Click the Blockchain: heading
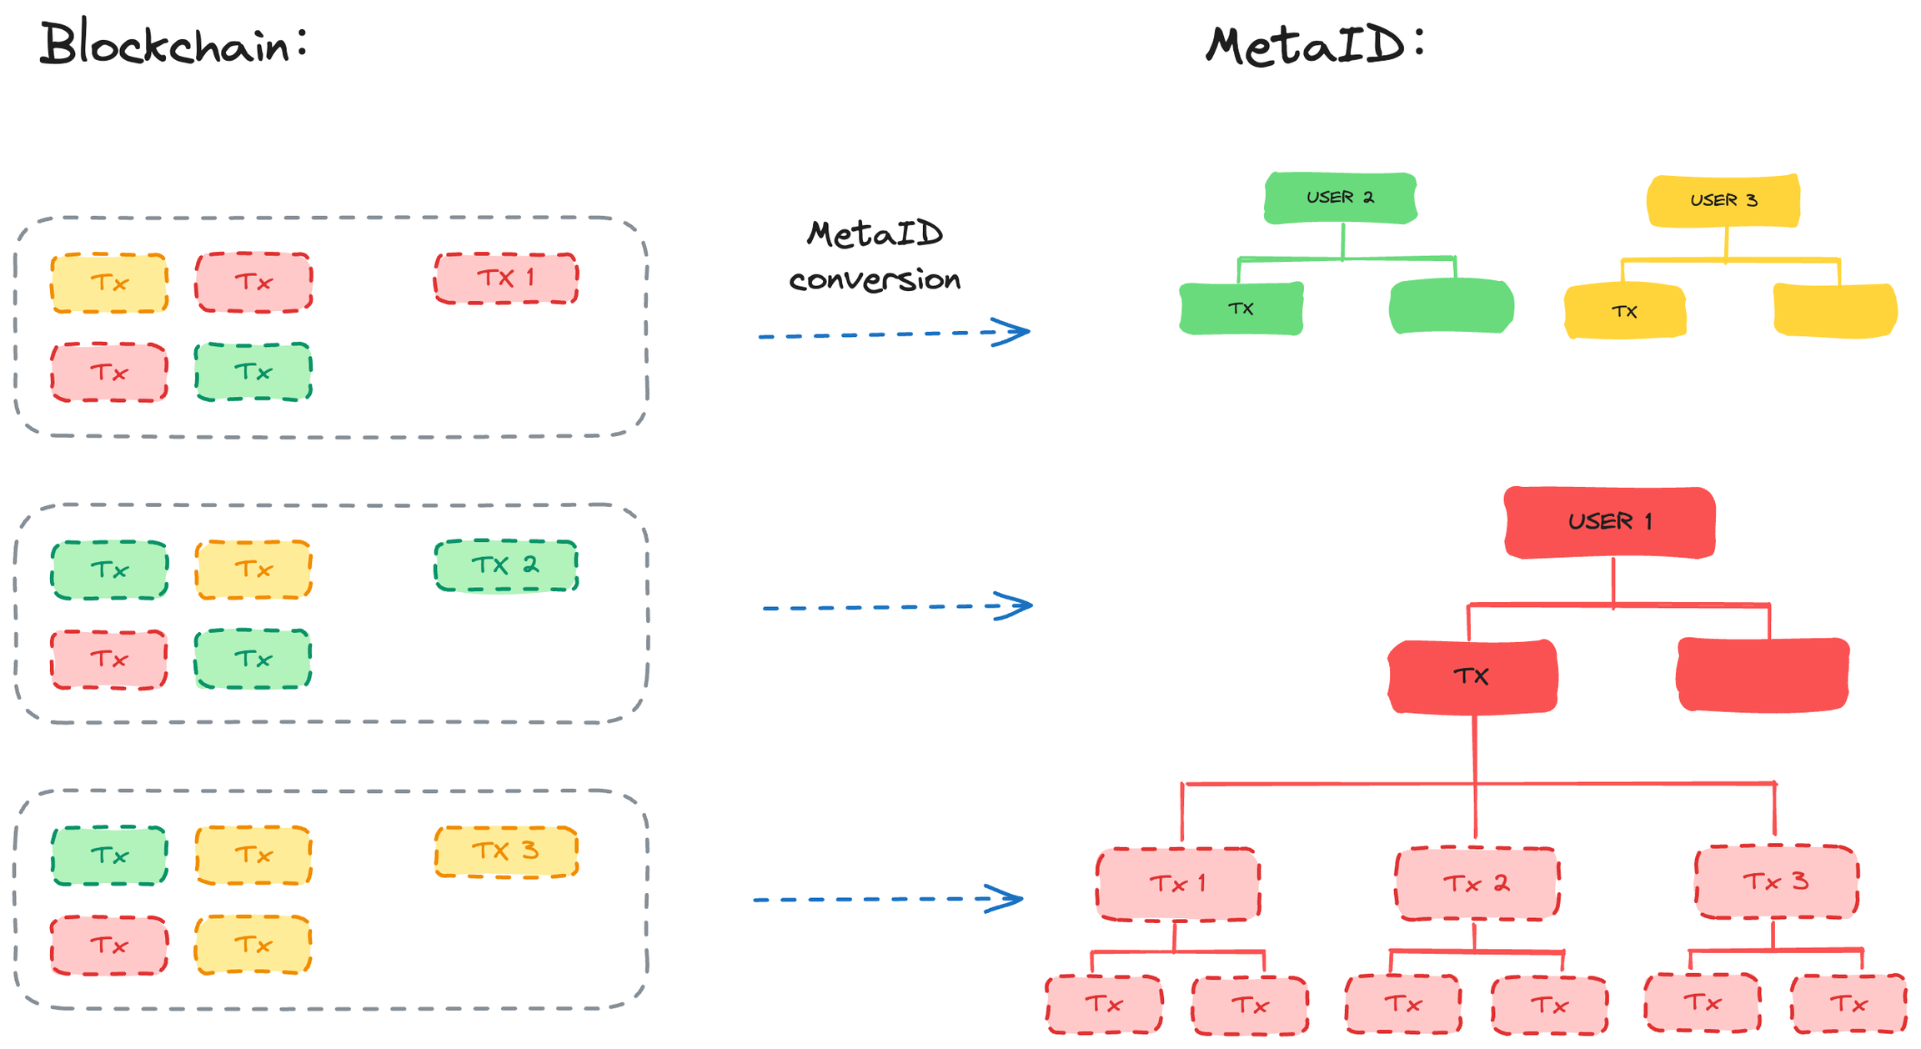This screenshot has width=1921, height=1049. (x=173, y=43)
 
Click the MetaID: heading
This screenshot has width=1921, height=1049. (x=1315, y=45)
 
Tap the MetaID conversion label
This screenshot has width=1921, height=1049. (x=875, y=256)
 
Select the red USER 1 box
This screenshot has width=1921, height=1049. (x=1609, y=522)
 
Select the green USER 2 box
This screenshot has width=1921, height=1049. (x=1340, y=198)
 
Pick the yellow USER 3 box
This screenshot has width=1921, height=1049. (x=1723, y=200)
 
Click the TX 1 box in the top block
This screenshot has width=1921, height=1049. (x=506, y=278)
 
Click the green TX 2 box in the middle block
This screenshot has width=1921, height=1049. (x=506, y=565)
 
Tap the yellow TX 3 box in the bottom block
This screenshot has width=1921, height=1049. (x=506, y=851)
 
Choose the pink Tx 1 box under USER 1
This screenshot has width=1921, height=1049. (x=1177, y=884)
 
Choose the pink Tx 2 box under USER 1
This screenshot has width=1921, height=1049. (x=1477, y=883)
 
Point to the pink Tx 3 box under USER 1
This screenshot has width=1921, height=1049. (x=1776, y=881)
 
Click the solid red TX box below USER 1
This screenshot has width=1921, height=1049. (x=1472, y=676)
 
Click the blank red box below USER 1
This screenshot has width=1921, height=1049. (x=1763, y=675)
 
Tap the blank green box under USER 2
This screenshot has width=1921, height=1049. (x=1451, y=307)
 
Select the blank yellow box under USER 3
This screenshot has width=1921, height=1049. (x=1835, y=310)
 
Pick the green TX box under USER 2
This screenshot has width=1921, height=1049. (x=1241, y=309)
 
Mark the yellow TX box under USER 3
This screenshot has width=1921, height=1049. (x=1624, y=311)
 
